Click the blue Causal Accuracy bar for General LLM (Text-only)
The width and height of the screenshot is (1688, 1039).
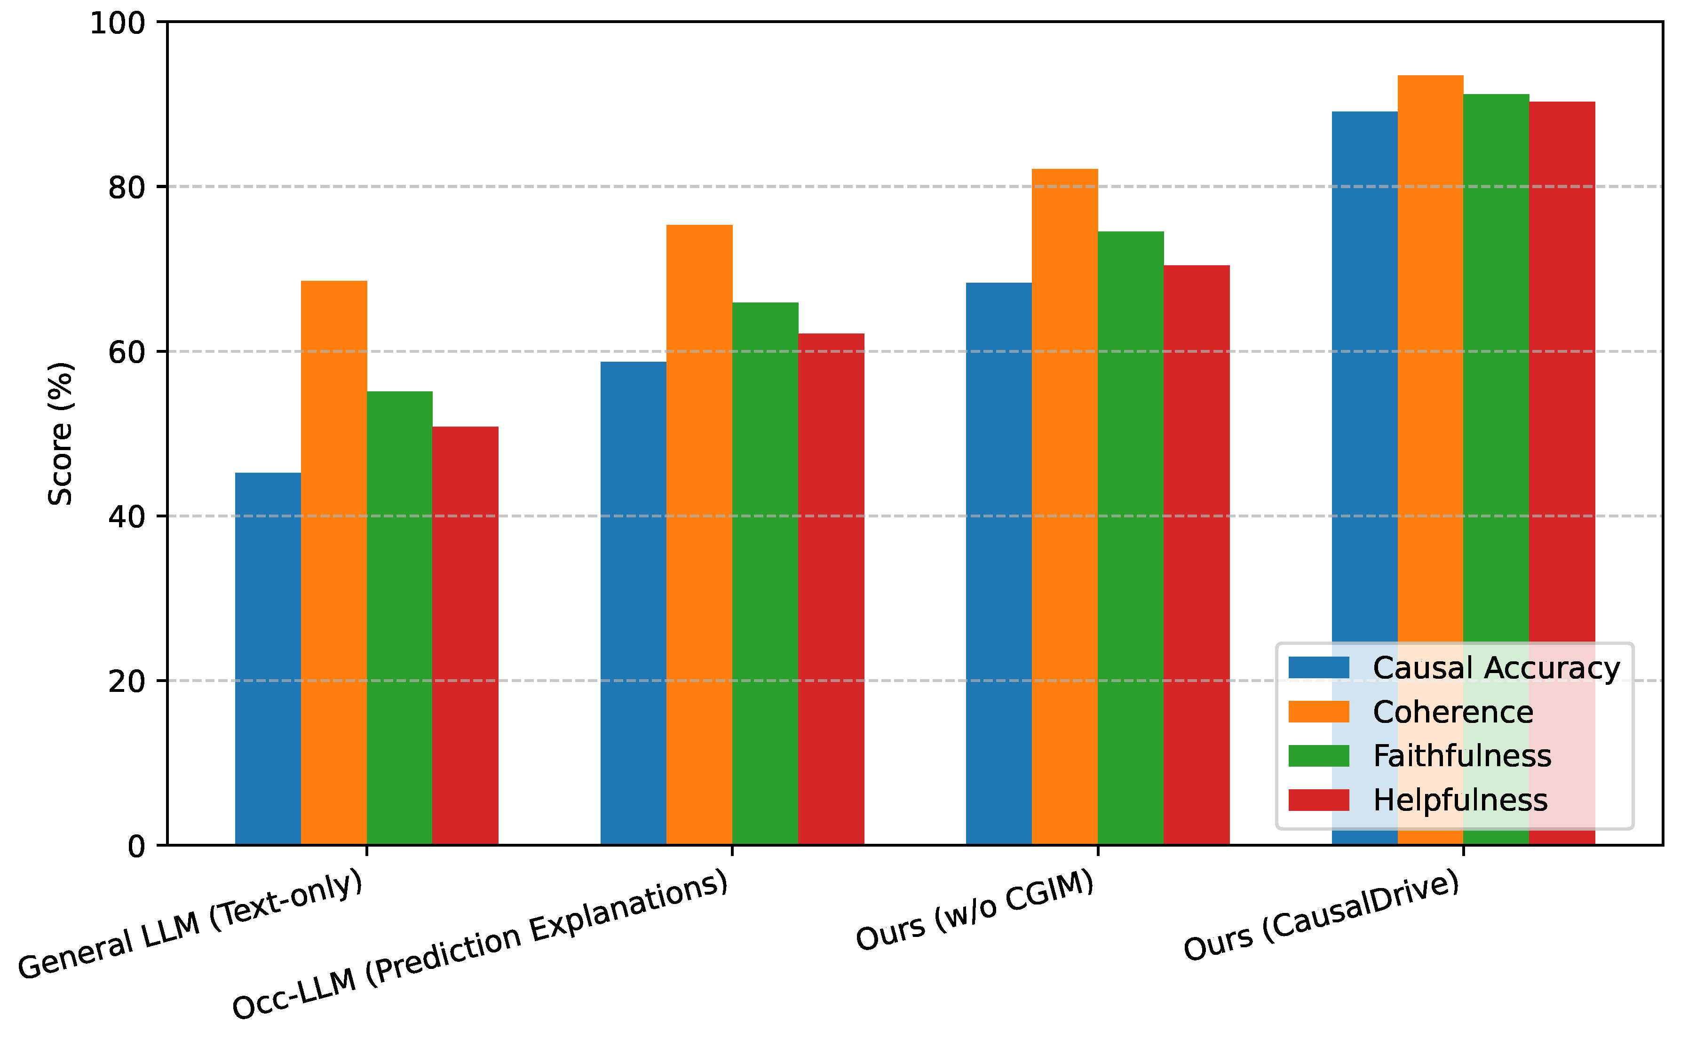coord(268,660)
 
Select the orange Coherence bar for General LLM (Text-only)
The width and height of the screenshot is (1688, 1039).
coord(334,563)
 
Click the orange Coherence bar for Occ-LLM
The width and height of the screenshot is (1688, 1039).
coord(699,536)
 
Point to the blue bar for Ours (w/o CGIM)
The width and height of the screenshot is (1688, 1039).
coord(999,563)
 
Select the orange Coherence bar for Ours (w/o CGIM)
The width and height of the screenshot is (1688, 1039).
coord(1065,508)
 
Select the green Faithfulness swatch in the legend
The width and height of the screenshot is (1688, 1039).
coord(1318,756)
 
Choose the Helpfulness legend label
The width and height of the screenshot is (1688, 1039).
coord(1460,800)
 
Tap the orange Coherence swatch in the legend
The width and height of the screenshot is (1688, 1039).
coord(1318,712)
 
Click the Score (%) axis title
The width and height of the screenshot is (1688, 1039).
coord(61,434)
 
